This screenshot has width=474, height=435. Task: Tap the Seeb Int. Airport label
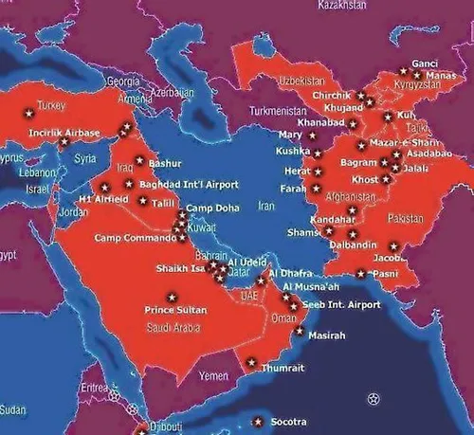[340, 304]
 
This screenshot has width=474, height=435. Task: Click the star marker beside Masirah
[300, 332]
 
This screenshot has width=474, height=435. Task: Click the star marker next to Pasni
[360, 275]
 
